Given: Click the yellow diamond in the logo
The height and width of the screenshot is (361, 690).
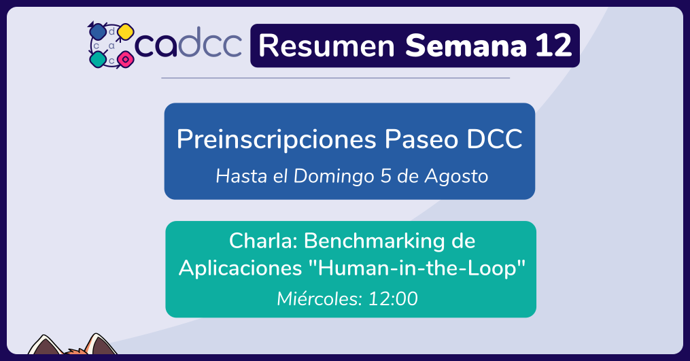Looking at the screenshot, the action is pyautogui.click(x=126, y=32).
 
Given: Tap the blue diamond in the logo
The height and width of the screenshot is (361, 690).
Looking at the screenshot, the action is pyautogui.click(x=97, y=31).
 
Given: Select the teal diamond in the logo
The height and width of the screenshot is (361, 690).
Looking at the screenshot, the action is pyautogui.click(x=98, y=59).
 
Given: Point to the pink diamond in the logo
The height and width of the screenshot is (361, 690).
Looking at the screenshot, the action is pyautogui.click(x=126, y=58).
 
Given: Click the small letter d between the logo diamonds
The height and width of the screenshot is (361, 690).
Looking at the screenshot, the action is pyautogui.click(x=111, y=31).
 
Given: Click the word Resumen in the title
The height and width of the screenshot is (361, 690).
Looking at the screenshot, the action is pyautogui.click(x=326, y=46).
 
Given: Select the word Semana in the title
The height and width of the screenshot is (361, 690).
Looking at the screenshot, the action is pyautogui.click(x=466, y=46).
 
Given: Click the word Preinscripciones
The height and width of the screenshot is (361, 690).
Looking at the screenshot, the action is pyautogui.click(x=277, y=140).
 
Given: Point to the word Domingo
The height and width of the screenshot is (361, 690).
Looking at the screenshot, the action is pyautogui.click(x=334, y=177).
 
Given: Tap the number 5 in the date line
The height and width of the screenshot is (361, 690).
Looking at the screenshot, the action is pyautogui.click(x=386, y=176).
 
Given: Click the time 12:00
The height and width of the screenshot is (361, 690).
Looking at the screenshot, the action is pyautogui.click(x=392, y=299).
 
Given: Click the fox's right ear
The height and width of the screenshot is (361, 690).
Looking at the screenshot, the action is pyautogui.click(x=101, y=344).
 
